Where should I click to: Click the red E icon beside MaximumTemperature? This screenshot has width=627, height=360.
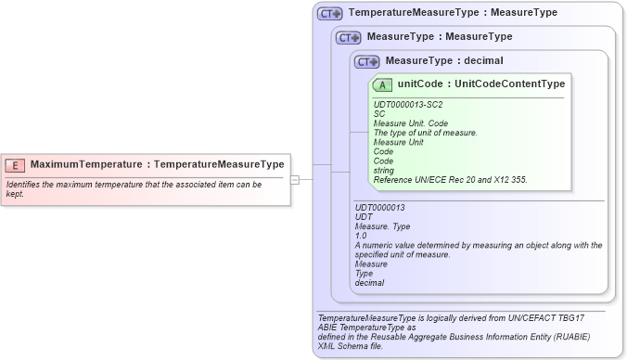point(15,164)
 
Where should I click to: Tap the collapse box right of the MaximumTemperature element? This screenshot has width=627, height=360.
point(295,179)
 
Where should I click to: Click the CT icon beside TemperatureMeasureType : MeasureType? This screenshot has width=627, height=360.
point(330,14)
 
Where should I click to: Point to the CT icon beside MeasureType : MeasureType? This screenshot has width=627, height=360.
point(348,37)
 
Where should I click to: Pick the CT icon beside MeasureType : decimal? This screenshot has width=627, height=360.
point(367,61)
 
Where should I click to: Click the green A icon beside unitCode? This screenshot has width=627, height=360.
point(383,84)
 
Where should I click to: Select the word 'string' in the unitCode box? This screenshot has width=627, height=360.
point(383,170)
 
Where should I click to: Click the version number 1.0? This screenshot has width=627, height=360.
point(361,236)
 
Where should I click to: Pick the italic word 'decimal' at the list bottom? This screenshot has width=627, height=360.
point(370,282)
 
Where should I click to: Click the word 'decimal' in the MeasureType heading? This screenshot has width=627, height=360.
point(483,61)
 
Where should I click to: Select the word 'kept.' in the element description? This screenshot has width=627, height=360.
point(15,194)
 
